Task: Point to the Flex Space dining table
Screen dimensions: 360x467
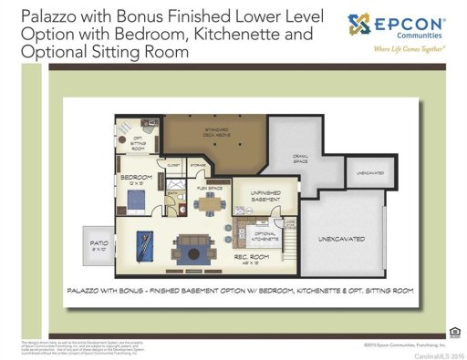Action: click(209, 203)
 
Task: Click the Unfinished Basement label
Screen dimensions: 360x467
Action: click(256, 196)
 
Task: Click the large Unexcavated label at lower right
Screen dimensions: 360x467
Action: click(341, 239)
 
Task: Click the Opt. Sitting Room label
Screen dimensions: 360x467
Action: click(139, 141)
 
